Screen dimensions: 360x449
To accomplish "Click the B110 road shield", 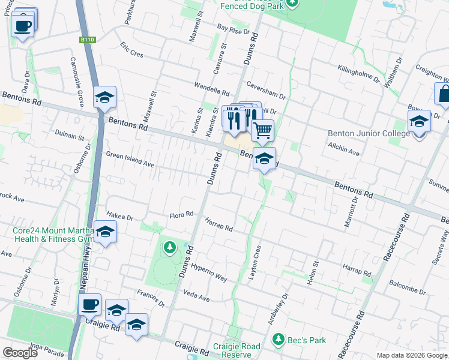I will tap(88, 40).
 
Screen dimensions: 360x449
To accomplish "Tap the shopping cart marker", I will tap(262, 130).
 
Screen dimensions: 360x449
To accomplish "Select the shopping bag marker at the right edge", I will tap(444, 94).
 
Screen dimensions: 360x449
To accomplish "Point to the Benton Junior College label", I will tap(369, 133).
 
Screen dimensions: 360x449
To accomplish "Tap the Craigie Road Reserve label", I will tap(237, 351).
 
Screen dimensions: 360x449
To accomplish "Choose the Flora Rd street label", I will tap(181, 214).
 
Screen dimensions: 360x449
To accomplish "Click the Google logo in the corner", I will tap(20, 353).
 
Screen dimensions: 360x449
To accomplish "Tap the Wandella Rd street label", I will tap(212, 89).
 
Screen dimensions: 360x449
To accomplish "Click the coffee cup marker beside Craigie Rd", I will tap(89, 304).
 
